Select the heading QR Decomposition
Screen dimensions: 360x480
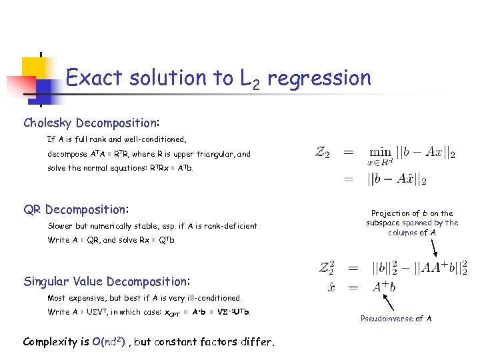(75, 209)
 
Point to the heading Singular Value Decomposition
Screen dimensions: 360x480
(106, 281)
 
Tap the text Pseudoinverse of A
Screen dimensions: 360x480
(396, 319)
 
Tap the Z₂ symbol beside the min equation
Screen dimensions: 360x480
(324, 153)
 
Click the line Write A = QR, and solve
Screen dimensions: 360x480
(112, 240)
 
